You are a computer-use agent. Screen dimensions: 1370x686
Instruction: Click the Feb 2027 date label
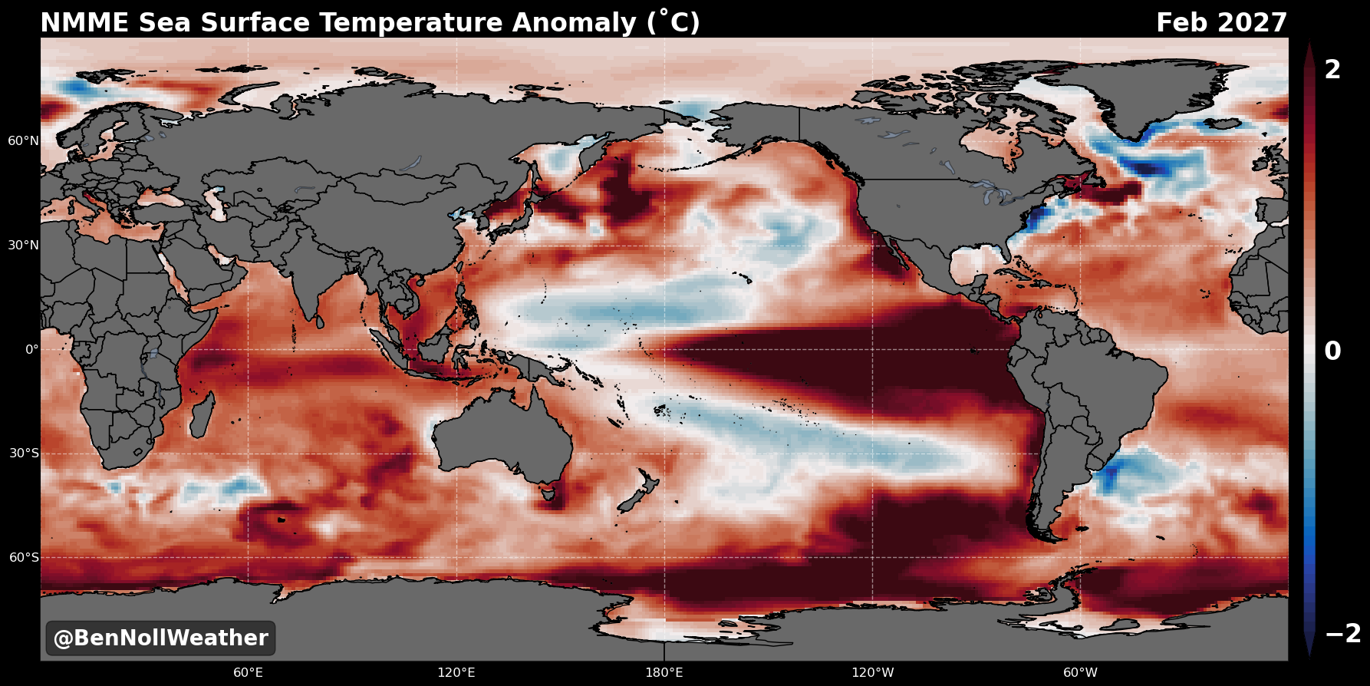[1221, 23]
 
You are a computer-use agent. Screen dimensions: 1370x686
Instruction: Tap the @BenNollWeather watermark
[160, 638]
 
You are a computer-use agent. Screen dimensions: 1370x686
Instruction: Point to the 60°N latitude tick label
[23, 141]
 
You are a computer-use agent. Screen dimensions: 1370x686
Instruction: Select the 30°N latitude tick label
[23, 246]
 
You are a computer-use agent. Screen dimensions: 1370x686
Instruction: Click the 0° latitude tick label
[31, 350]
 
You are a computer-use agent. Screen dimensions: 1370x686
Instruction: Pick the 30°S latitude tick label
[24, 453]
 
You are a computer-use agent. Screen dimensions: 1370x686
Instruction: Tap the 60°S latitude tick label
[24, 558]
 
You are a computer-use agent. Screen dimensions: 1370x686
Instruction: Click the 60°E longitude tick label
[249, 673]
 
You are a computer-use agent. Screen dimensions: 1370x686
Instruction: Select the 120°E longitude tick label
[456, 673]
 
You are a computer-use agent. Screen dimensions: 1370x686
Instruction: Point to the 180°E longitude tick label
[664, 673]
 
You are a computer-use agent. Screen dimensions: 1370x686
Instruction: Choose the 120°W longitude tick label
[873, 673]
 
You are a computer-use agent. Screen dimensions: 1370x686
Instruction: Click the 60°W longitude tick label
[1080, 673]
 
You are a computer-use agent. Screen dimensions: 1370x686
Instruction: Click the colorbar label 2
[1333, 70]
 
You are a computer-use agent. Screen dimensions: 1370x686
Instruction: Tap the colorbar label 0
[1333, 351]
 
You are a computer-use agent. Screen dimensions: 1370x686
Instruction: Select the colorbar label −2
[1343, 633]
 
